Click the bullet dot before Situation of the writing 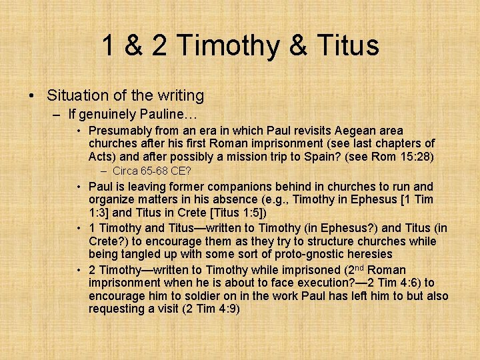point(32,96)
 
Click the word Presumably point(120,131)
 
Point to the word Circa point(126,171)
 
